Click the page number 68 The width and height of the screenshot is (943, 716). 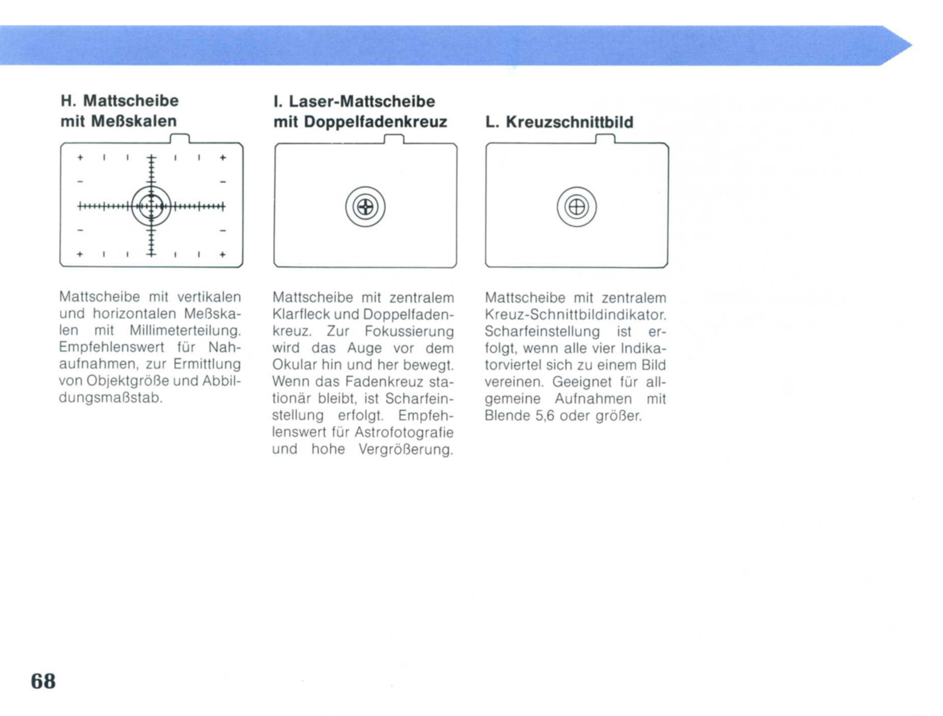point(43,681)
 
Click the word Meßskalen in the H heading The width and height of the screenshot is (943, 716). point(134,121)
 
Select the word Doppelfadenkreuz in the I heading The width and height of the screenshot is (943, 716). point(375,122)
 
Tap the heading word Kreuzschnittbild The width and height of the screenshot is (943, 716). point(569,122)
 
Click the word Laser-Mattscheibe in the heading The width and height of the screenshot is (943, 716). point(362,101)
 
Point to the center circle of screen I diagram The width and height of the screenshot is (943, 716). point(365,207)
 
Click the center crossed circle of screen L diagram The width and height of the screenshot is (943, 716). point(577,207)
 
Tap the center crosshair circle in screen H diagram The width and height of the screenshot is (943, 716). point(151,206)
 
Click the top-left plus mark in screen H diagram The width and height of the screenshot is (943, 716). point(80,158)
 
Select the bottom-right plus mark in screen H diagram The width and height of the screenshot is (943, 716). point(223,255)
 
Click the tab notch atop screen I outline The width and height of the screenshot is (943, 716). point(394,139)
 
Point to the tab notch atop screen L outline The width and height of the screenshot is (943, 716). point(605,139)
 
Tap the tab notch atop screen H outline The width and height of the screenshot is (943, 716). point(179,138)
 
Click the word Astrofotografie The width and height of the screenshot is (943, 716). point(404,433)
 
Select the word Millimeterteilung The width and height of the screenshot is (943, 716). point(185,330)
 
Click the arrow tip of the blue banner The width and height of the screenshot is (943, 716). point(911,45)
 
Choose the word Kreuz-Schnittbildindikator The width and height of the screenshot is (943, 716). point(575,315)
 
